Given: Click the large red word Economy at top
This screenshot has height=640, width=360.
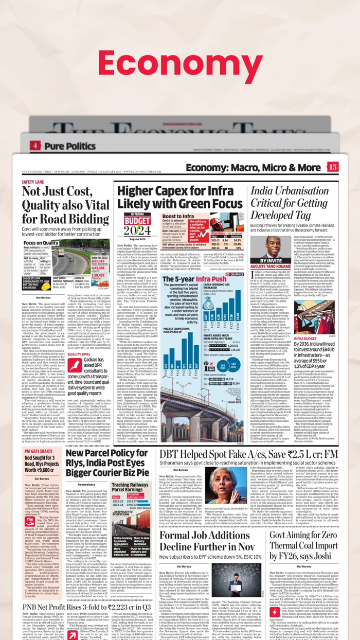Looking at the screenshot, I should (179, 64).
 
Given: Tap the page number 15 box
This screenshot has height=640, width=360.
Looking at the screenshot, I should (333, 167).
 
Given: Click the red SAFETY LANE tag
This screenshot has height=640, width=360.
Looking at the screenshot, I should (33, 182).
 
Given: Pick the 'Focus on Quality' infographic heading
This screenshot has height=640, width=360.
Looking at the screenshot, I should (41, 243).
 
